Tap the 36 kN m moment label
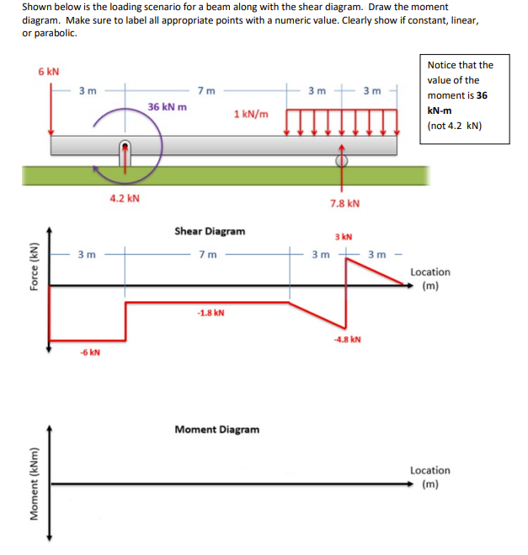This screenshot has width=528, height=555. tap(168, 107)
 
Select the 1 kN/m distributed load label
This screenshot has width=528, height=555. tap(252, 114)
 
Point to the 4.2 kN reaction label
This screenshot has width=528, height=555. tap(125, 199)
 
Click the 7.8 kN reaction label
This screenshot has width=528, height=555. tap(344, 203)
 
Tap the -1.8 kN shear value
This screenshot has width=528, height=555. tap(211, 313)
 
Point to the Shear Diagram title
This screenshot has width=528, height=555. tap(210, 230)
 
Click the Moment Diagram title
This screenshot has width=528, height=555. tap(216, 429)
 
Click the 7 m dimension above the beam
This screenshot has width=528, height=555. tap(205, 90)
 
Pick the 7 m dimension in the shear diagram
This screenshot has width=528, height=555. tap(206, 254)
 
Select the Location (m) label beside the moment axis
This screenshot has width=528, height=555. tap(429, 477)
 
